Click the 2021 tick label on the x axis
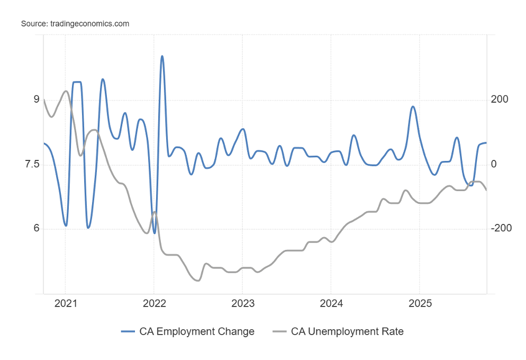tap(65, 304)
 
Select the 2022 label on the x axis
tap(153, 304)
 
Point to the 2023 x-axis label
tap(242, 304)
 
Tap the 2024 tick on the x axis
tap(330, 304)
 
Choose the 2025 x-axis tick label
tap(419, 304)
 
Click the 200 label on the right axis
tap(500, 100)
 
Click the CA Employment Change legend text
tap(197, 331)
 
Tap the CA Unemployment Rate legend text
tap(347, 331)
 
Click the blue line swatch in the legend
tap(128, 331)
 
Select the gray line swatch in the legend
tap(279, 331)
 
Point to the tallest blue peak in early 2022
tap(162, 56)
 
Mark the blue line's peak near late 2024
tap(413, 107)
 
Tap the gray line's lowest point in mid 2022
tap(197, 281)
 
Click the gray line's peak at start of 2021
tap(66, 91)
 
